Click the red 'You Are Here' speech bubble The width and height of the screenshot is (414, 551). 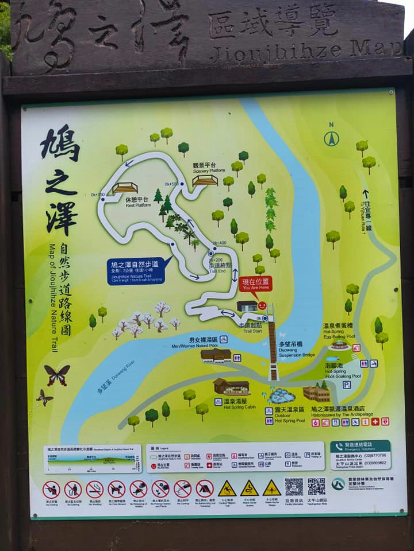pyautogui.click(x=255, y=284)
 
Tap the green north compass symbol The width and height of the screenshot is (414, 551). pyautogui.click(x=331, y=138)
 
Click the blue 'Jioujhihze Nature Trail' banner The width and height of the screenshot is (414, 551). pyautogui.click(x=136, y=271)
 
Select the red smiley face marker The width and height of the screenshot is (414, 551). pyautogui.click(x=262, y=305)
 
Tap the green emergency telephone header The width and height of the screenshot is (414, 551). pyautogui.click(x=361, y=447)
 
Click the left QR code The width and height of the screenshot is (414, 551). pyautogui.click(x=294, y=486)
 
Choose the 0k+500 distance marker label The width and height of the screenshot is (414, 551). pyautogui.click(x=171, y=184)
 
